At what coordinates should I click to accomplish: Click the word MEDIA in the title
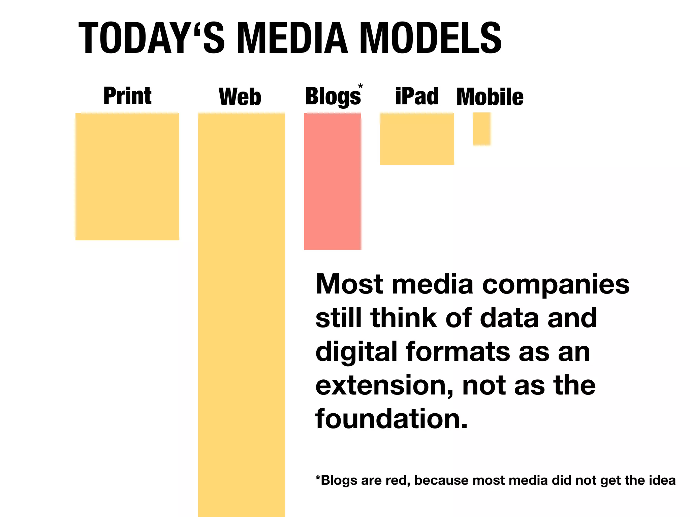[x=292, y=38]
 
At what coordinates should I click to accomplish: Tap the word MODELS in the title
[x=431, y=38]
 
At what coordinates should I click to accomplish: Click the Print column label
[x=127, y=96]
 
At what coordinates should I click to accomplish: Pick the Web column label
[x=240, y=97]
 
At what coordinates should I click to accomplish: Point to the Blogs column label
[x=333, y=97]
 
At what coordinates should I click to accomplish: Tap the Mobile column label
[x=490, y=97]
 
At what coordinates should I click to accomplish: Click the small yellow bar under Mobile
[x=481, y=129]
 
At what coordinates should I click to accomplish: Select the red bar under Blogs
[x=333, y=181]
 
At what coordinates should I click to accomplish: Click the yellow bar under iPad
[x=417, y=139]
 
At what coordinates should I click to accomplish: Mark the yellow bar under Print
[x=127, y=177]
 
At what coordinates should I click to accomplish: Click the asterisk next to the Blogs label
[x=360, y=86]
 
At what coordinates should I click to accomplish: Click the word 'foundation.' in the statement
[x=391, y=419]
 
